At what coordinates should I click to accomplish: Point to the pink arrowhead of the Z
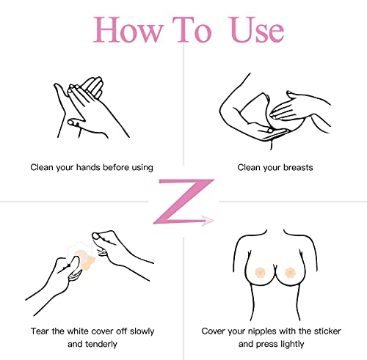tap(210, 218)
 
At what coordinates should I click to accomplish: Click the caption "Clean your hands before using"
tap(92, 167)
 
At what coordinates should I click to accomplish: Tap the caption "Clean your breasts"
tap(275, 167)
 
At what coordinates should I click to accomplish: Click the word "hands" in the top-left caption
tap(92, 167)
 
